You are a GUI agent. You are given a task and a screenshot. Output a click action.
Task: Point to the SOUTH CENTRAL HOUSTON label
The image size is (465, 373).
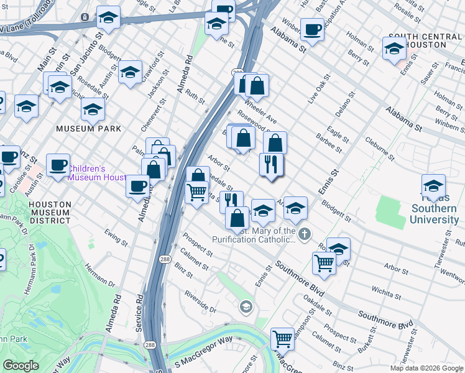[425, 41]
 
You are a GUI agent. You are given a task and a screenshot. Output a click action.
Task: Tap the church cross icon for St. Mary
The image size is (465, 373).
[303, 234]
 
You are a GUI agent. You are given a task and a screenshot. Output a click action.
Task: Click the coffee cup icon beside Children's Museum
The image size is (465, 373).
[58, 165]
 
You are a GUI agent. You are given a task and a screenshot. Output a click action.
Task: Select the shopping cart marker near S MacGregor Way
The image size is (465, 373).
[282, 339]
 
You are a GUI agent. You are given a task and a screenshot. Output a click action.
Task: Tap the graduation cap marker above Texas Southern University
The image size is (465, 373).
[433, 186]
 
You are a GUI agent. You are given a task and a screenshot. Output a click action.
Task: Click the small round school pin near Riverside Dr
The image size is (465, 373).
[246, 307]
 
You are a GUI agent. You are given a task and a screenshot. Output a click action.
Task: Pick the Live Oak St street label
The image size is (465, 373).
[317, 91]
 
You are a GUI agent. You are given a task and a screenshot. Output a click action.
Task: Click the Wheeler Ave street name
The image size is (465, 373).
[260, 110]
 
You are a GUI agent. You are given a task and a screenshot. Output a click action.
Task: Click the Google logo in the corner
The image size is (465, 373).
[21, 366]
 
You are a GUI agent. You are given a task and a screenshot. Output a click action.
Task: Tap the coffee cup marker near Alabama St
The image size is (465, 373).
[312, 29]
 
